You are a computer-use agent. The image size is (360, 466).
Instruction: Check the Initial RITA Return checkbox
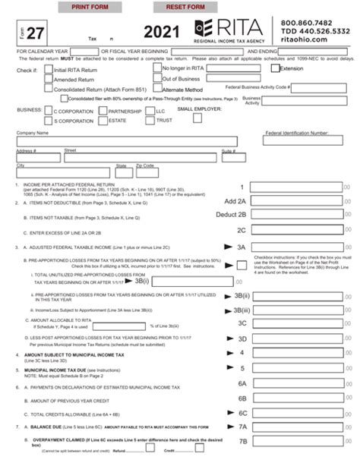point(48,69)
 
